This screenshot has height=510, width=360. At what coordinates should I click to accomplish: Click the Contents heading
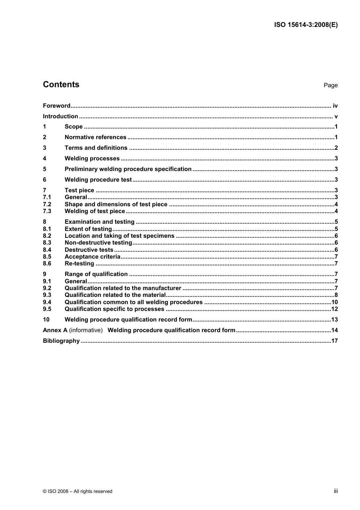point(61,85)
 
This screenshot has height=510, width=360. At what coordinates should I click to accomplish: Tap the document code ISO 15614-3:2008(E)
point(306,25)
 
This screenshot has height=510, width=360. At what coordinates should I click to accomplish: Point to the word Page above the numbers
point(330,85)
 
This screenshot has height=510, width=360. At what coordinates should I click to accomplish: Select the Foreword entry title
point(56,106)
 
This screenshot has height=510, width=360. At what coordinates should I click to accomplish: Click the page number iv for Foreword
point(335,106)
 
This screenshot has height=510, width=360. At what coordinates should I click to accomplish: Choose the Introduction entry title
point(60,116)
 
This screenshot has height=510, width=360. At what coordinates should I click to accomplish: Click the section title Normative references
point(95,137)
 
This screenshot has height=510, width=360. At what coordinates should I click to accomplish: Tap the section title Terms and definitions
point(96,148)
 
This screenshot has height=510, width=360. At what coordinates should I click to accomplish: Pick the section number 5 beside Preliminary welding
point(45,169)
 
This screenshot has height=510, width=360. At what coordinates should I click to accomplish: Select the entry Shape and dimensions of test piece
point(116,204)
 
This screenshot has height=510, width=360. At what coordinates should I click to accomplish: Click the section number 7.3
point(47,211)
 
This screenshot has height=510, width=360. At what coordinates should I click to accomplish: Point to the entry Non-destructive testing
point(98,243)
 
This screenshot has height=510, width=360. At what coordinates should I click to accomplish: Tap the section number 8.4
point(47,250)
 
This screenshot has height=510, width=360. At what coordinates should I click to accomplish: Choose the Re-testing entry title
point(79,264)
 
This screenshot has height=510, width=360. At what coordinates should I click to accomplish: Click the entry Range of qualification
point(96,274)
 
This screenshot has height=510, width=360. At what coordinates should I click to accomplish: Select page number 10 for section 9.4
point(334,302)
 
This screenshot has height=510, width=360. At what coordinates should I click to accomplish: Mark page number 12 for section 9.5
point(334,309)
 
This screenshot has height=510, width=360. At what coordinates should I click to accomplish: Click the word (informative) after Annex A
point(86,330)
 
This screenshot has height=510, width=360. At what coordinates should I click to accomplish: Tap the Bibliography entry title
point(61,341)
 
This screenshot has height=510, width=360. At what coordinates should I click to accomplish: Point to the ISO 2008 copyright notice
point(78,491)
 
